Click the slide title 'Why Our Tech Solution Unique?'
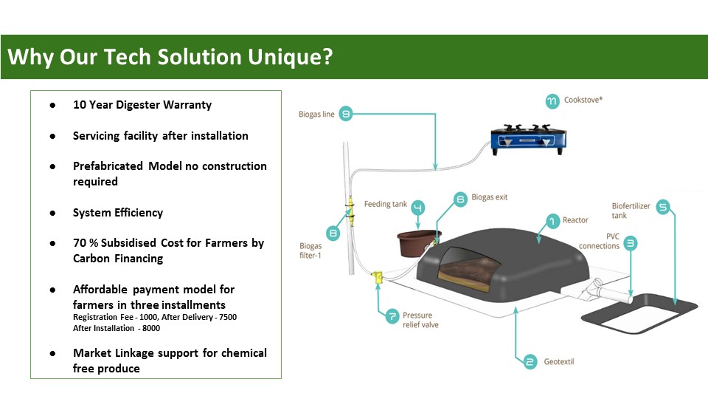170,57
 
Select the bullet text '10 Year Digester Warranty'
142,105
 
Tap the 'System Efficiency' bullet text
117,213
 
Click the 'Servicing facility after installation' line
160,136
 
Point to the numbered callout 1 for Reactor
551,219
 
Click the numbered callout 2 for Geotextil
530,362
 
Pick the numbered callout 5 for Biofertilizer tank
662,208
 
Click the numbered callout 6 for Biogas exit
460,198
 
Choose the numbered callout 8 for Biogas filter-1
332,233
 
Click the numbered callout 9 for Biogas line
346,114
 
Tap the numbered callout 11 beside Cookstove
552,100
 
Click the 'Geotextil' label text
559,362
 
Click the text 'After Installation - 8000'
117,329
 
